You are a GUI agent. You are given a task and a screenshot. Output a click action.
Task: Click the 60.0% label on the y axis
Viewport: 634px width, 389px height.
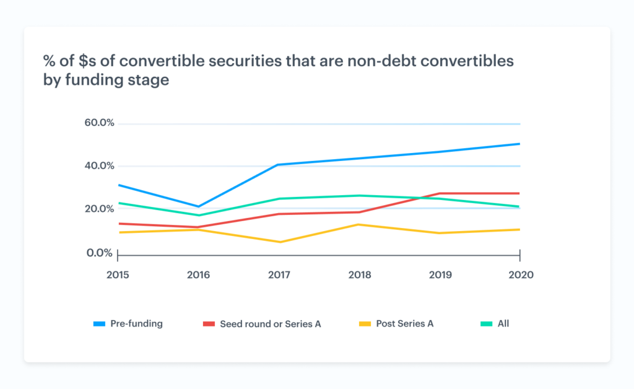pyautogui.click(x=100, y=123)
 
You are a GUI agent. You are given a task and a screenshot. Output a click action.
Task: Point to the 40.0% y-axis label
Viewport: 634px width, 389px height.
pyautogui.click(x=100, y=165)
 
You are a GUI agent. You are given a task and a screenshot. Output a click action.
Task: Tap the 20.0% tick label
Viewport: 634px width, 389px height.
pyautogui.click(x=100, y=208)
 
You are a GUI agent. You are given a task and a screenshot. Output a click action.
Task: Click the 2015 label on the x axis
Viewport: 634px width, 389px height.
pyautogui.click(x=118, y=274)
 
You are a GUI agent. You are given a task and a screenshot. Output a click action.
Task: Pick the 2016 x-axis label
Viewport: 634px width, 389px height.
pyautogui.click(x=198, y=274)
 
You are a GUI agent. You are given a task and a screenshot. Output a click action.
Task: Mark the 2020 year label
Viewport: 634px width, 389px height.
pyautogui.click(x=519, y=274)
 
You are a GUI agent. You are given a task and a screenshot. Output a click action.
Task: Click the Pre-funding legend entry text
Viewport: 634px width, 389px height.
pyautogui.click(x=136, y=323)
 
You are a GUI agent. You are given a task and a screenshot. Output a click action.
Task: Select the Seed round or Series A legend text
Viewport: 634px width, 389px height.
pyautogui.click(x=271, y=323)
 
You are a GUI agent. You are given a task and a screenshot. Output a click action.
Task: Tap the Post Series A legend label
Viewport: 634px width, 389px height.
pyautogui.click(x=405, y=323)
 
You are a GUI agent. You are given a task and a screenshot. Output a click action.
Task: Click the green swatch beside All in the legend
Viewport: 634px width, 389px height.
pyautogui.click(x=487, y=323)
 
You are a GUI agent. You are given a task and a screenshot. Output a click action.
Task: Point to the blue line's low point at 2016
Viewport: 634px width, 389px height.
pyautogui.click(x=198, y=206)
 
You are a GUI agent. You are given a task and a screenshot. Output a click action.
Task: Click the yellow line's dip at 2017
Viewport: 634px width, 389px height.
pyautogui.click(x=279, y=242)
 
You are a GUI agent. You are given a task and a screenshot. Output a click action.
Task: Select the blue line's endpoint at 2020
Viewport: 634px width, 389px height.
pyautogui.click(x=519, y=144)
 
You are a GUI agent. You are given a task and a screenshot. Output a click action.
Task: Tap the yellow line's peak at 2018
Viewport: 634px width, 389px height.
pyautogui.click(x=359, y=224)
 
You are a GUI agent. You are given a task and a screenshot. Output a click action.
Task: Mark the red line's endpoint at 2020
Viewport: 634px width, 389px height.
pyautogui.click(x=519, y=193)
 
